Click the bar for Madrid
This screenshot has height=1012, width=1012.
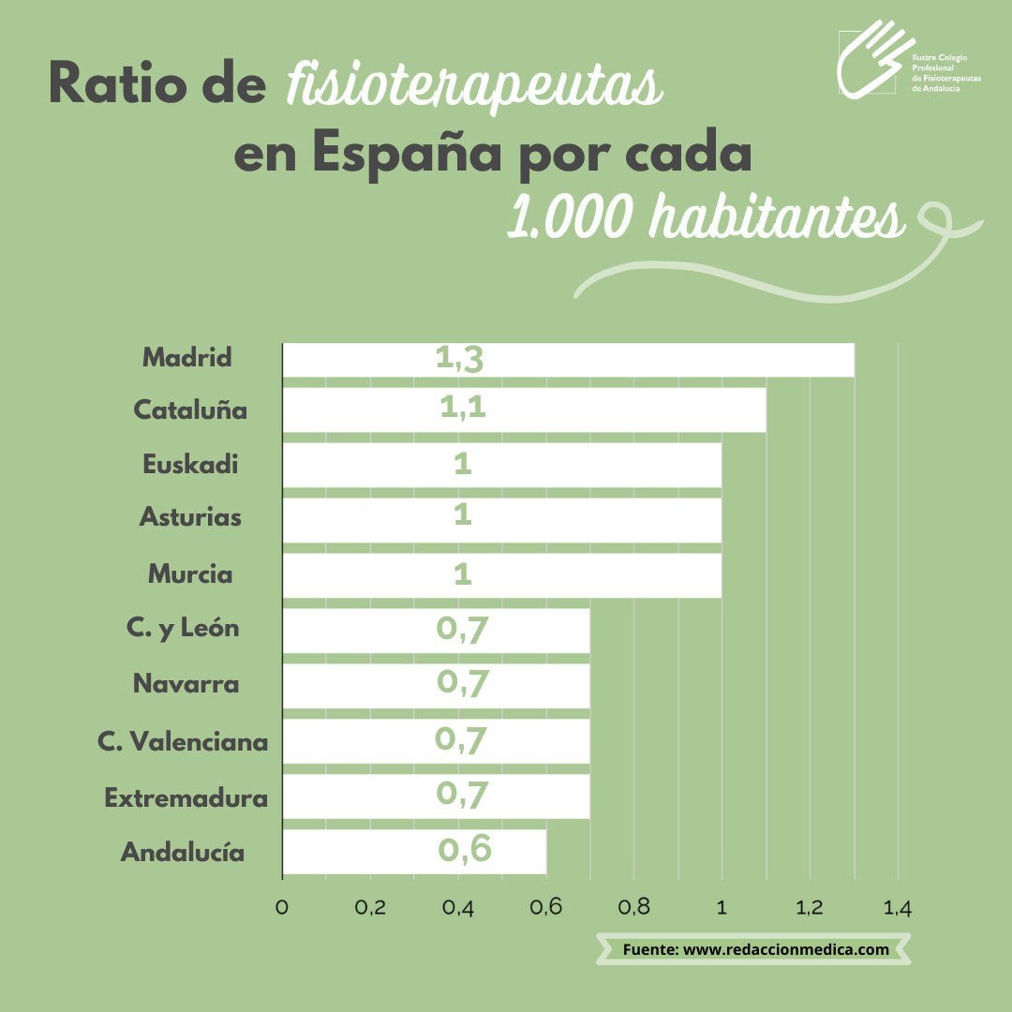568,360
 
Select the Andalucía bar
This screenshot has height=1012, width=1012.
414,851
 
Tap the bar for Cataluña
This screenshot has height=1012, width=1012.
524,410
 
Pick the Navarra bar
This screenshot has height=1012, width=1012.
436,685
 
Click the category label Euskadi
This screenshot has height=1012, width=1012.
190,465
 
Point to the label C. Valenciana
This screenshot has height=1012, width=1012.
183,742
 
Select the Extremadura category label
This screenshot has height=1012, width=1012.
186,798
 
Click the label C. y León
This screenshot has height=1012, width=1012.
183,628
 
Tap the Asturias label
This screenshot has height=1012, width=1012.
190,516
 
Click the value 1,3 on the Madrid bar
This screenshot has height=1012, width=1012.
459,359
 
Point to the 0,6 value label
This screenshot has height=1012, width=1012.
464,849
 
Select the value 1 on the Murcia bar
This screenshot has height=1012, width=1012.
462,573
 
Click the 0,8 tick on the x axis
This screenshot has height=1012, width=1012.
634,907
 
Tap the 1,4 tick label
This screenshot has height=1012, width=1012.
897,907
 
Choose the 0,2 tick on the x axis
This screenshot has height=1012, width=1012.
370,907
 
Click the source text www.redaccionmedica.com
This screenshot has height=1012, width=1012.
785,949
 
